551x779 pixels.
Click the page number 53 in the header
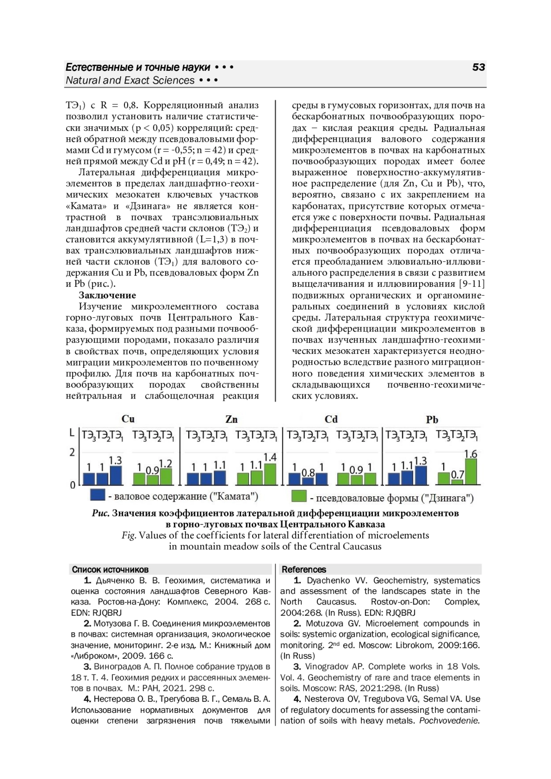pos(478,67)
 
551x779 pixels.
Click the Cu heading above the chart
pos(128,419)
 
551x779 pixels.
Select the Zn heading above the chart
pos(231,420)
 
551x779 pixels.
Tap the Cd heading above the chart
pos(331,420)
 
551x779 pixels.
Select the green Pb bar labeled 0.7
pos(457,482)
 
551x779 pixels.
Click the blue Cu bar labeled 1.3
pos(116,476)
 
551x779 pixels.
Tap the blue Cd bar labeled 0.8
pos(308,481)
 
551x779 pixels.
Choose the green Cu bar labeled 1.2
pos(166,476)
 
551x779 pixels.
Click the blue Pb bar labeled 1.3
pos(420,476)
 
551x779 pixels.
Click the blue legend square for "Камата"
pos(98,495)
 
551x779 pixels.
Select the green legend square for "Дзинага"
pos(299,496)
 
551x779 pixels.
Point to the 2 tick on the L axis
pos(72,453)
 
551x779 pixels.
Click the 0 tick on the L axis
pos(72,485)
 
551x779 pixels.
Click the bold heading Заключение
pos(107,295)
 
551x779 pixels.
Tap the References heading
pos(304,570)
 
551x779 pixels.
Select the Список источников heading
pos(110,570)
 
